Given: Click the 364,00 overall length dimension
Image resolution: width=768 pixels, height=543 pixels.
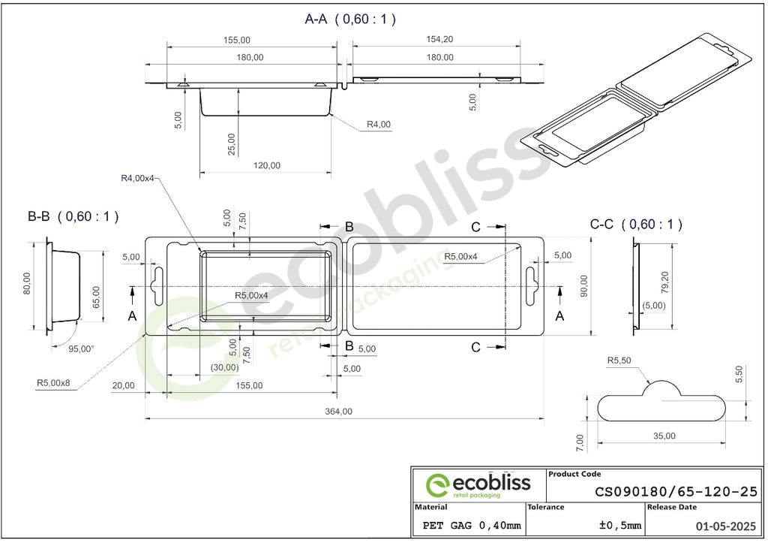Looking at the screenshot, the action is [x=338, y=412].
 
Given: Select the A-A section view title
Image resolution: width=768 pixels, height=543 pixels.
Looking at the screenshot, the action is [x=350, y=19].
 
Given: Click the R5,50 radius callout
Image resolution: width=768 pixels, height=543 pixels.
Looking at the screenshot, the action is [x=619, y=360].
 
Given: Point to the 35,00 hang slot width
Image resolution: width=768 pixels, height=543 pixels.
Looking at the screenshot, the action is [x=664, y=436].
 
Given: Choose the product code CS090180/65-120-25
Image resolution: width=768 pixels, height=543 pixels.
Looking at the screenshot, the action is [x=676, y=491].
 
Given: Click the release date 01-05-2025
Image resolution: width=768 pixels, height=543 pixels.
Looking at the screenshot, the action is [x=726, y=526].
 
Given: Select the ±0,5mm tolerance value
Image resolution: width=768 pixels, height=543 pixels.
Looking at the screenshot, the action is [x=619, y=525].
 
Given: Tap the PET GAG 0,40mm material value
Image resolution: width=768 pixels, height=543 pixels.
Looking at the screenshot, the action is [x=472, y=525].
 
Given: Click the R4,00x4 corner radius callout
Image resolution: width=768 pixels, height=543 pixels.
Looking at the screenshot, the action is [x=137, y=178].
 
